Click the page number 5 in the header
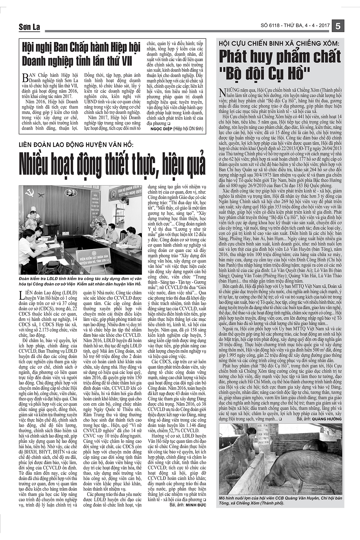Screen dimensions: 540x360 (x=338, y=26)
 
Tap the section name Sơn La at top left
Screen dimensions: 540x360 (x=28, y=27)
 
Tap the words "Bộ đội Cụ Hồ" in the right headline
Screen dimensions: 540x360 (x=280, y=73)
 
